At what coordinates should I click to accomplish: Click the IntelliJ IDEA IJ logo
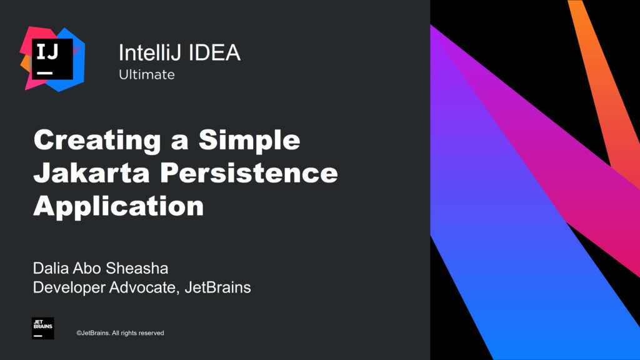coord(52,59)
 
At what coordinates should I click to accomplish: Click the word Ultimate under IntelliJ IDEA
coord(146,74)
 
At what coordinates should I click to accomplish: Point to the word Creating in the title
coord(97,141)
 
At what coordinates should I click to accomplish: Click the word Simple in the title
coord(249,141)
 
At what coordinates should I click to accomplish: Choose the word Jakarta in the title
coord(92,172)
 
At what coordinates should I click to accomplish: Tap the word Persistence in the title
coord(249,172)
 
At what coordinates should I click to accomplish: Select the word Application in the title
coord(118,206)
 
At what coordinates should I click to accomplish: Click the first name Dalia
coord(51,268)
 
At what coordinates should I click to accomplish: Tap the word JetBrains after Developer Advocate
coord(217,287)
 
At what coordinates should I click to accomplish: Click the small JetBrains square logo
coord(43,328)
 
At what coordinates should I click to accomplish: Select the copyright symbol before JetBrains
coord(79,333)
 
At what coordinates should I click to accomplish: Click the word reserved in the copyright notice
coord(151,333)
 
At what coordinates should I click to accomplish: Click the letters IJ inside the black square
coord(47,52)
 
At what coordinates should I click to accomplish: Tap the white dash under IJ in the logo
coord(45,73)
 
